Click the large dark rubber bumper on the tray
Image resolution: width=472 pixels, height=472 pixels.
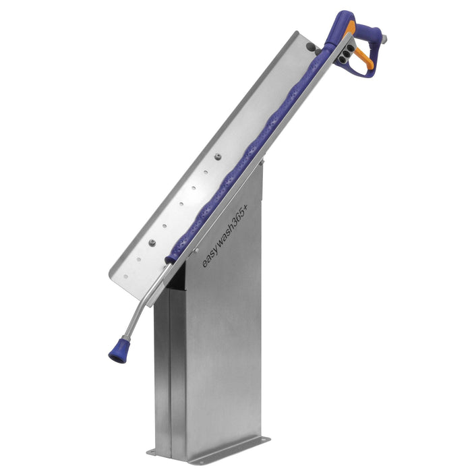(311, 46)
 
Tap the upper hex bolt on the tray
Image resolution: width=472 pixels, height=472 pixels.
(218, 156)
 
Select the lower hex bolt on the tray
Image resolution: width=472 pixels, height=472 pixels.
(152, 242)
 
